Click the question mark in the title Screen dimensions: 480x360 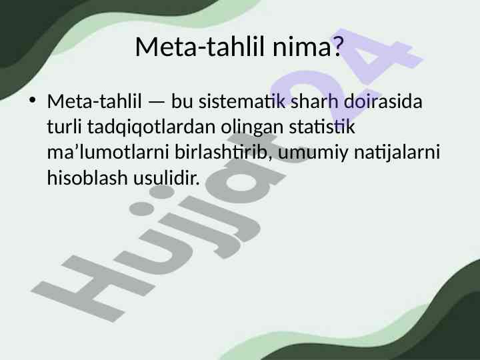[x=337, y=47]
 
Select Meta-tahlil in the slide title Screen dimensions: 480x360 [x=199, y=47]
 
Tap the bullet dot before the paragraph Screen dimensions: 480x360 [x=32, y=100]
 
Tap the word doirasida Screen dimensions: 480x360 [x=383, y=101]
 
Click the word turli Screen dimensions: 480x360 [x=64, y=127]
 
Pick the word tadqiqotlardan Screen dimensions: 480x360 [x=151, y=127]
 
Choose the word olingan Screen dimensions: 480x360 [x=252, y=127]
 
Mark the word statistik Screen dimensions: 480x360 [x=322, y=127]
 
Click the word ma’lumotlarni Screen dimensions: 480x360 [x=108, y=152]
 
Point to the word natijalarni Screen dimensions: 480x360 [x=397, y=152]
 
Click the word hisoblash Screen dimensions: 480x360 [x=87, y=177]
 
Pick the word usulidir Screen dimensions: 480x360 [x=167, y=177]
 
